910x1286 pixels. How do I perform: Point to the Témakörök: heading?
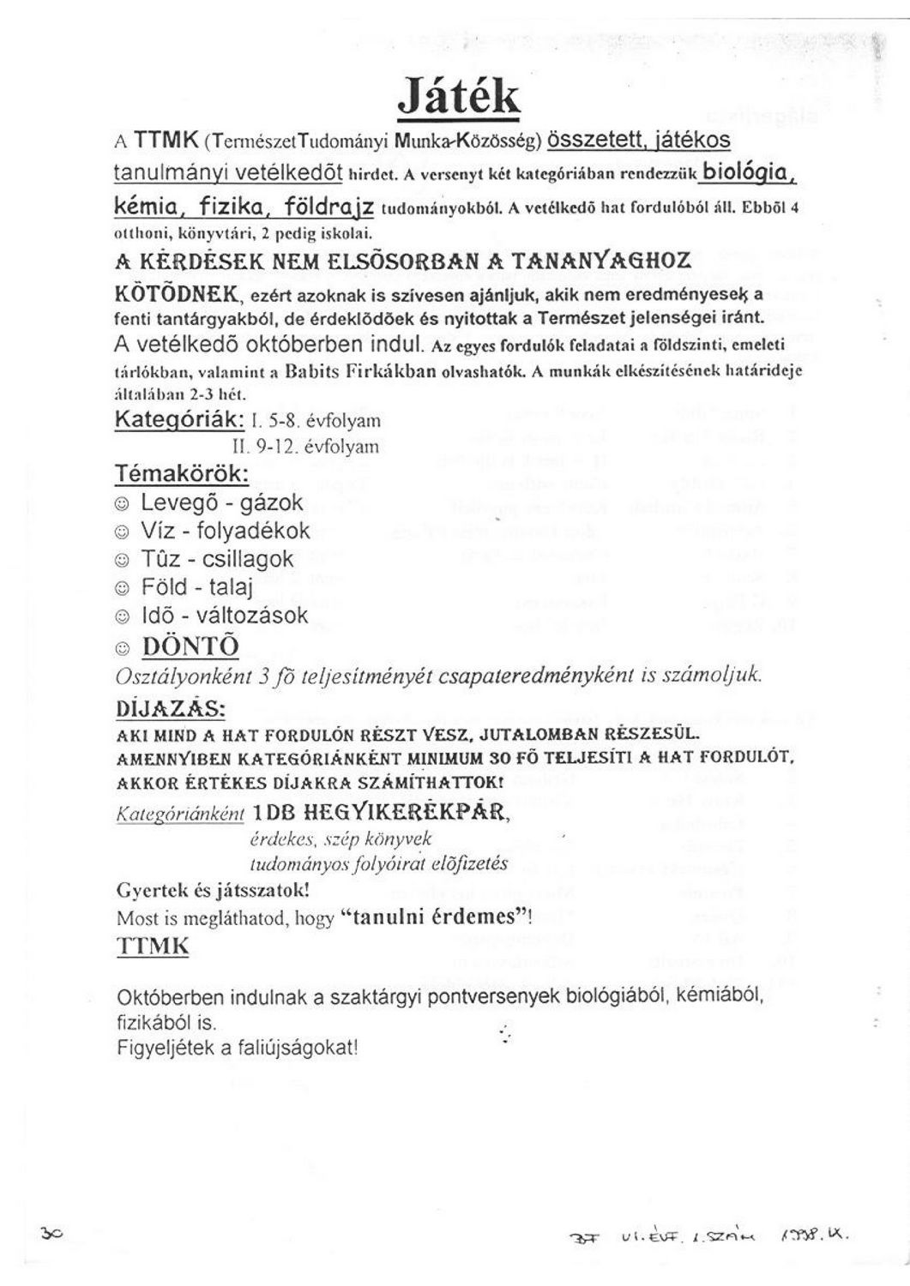183,474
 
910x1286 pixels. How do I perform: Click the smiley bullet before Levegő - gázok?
123,503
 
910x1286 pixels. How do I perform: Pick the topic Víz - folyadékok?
225,531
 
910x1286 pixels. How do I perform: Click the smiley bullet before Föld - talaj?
123,588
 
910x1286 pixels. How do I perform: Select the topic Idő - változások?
225,616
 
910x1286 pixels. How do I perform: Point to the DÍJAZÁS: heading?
170,710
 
